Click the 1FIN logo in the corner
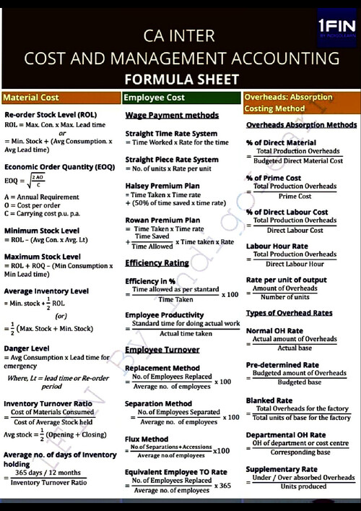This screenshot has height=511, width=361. pos(336,28)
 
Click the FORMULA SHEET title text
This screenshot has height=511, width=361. pos(180,79)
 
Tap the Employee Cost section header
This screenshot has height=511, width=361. pos(155,98)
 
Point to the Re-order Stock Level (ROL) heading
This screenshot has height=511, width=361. pos(51,115)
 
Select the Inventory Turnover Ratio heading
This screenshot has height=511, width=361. pos(48,403)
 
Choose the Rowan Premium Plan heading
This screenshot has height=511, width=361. pos(162,220)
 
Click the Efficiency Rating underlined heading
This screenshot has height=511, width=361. pos(157,263)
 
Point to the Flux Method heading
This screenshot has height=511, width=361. pos(147,439)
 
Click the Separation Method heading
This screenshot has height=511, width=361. pos(159,403)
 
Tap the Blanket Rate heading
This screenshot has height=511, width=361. pos(269,400)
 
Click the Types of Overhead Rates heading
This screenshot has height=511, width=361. pos(289,313)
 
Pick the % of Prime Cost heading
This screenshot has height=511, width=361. pos(274,178)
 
